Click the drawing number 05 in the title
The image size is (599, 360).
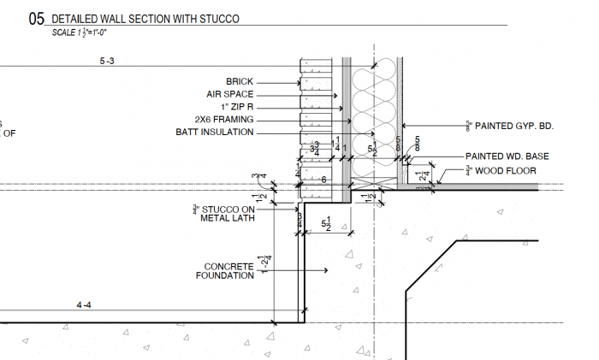click(37, 18)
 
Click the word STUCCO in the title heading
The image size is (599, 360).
click(216, 18)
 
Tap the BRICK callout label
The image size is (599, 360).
click(240, 82)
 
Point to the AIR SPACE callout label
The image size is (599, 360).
click(229, 95)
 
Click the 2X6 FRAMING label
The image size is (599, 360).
click(225, 121)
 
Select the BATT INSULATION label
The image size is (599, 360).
click(214, 133)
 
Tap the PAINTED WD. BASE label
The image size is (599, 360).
click(507, 156)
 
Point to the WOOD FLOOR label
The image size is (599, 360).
click(506, 171)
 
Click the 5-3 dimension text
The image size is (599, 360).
click(108, 62)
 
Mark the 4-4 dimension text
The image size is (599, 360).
click(84, 305)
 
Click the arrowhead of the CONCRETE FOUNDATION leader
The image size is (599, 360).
click(328, 271)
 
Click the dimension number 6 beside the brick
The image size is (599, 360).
click(323, 180)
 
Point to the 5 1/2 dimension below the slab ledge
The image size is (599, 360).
click(326, 224)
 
